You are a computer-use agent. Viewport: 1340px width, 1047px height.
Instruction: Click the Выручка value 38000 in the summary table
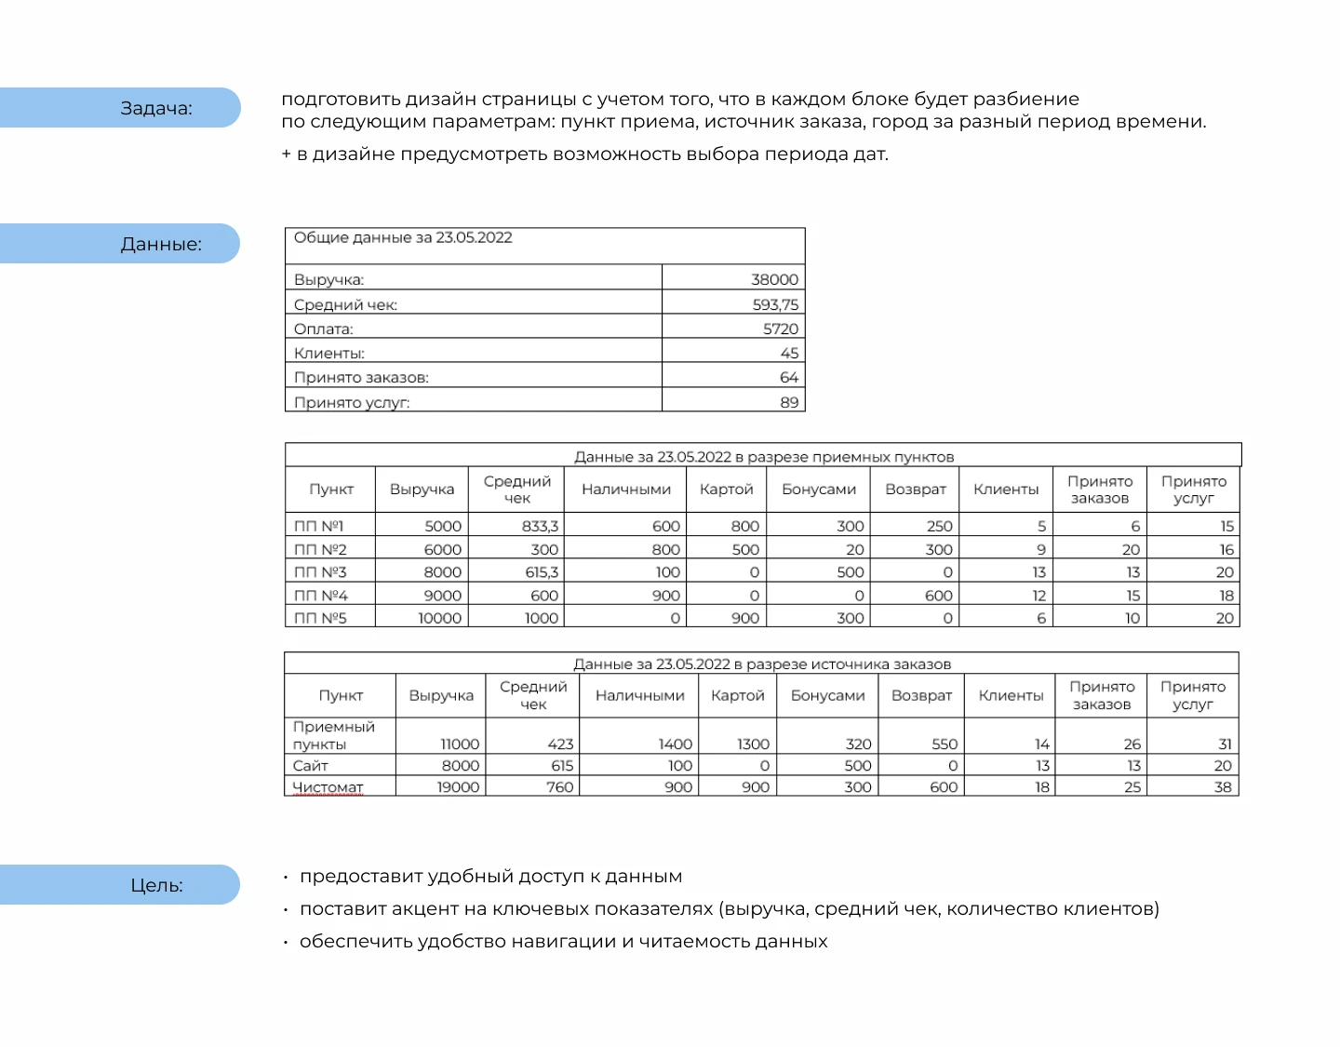point(774,279)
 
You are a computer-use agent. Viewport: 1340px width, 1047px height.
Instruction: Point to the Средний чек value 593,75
point(775,304)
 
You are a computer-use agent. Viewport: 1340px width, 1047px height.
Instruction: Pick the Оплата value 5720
point(780,329)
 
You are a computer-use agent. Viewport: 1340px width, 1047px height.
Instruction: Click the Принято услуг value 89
point(788,402)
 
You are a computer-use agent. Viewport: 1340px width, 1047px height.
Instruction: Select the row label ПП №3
point(320,572)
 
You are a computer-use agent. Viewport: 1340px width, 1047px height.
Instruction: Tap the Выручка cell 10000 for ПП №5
point(439,618)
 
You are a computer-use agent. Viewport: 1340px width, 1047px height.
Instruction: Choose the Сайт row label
point(311,766)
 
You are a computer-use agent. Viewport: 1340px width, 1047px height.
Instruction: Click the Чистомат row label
point(328,787)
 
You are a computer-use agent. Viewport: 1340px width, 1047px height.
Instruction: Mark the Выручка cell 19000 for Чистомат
point(458,787)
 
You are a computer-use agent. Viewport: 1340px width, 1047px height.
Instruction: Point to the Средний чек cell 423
point(560,744)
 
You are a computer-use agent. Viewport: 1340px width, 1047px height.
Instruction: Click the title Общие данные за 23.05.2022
point(403,238)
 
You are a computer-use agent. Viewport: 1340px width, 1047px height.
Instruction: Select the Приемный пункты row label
point(333,735)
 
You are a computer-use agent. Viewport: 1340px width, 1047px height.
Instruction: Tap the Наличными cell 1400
point(675,744)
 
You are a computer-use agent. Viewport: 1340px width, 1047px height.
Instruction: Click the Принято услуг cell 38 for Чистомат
point(1222,787)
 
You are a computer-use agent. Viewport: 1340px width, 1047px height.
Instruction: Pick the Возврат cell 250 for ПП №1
point(939,526)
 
